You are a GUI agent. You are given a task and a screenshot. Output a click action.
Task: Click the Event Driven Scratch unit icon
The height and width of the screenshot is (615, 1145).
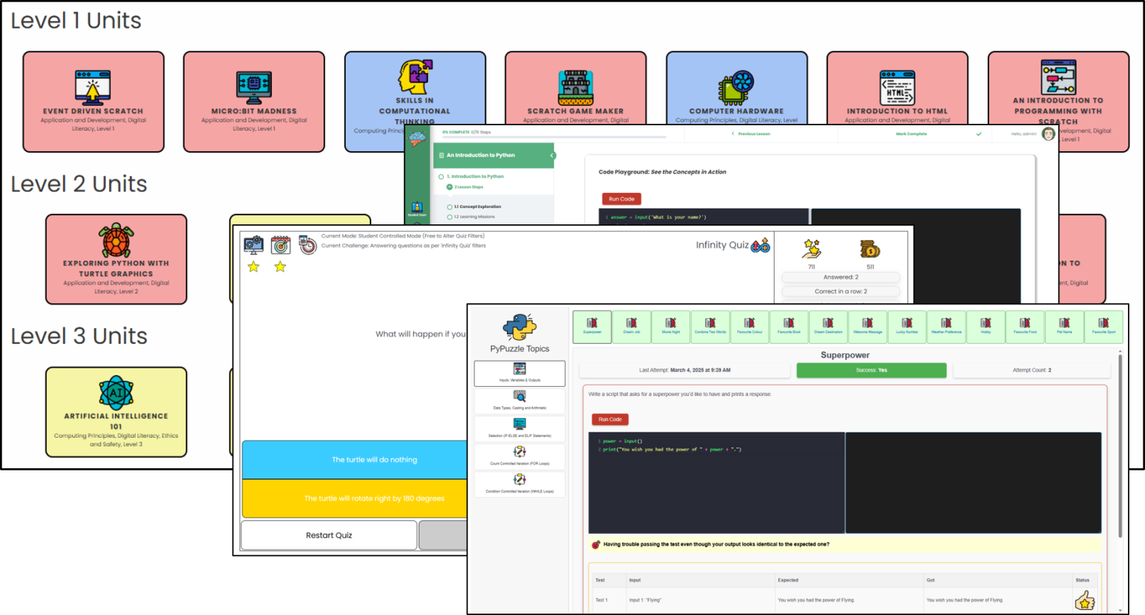tap(93, 86)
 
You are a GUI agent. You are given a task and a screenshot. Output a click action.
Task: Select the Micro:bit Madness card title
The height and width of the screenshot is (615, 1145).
tap(253, 111)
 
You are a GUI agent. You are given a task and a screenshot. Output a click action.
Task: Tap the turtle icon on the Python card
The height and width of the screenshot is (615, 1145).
tap(116, 240)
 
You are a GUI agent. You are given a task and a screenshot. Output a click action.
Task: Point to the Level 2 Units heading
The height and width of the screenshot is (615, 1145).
tap(79, 184)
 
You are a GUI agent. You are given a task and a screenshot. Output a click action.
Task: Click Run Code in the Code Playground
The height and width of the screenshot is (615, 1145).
tap(621, 199)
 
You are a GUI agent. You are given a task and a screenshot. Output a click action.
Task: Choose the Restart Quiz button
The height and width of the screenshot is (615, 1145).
tap(329, 535)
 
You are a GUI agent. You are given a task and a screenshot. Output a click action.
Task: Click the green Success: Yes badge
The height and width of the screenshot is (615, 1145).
tap(871, 370)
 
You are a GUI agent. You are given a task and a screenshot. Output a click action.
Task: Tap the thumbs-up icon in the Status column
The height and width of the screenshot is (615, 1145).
tap(1084, 600)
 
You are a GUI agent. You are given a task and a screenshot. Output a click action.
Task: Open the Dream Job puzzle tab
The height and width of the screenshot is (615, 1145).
tap(631, 327)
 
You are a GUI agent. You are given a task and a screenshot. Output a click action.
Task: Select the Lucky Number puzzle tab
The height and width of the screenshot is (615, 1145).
tap(906, 327)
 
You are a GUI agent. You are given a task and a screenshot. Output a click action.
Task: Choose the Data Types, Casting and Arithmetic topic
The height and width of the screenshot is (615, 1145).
tap(520, 401)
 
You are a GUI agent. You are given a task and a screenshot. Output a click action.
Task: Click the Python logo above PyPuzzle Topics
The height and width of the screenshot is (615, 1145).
tap(520, 327)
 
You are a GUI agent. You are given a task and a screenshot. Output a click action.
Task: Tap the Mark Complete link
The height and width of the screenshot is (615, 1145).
tap(911, 134)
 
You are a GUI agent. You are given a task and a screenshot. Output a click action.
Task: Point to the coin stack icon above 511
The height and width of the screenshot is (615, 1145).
tap(869, 249)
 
